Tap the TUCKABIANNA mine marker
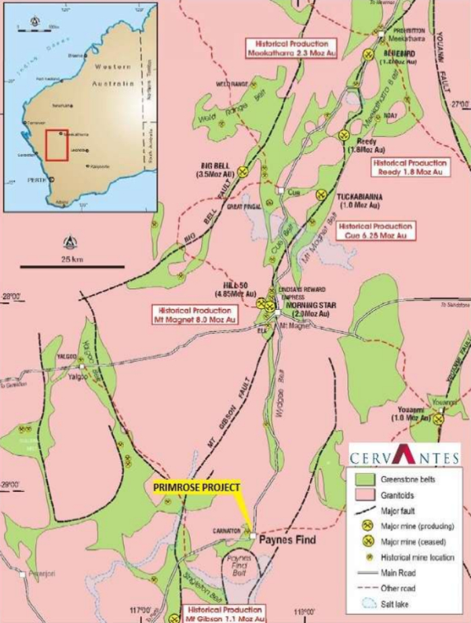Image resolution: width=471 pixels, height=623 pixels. click(322, 195)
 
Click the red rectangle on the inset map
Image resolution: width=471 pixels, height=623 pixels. click(57, 144)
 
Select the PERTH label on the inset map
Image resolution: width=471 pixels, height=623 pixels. click(36, 181)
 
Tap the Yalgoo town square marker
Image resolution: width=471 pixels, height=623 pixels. click(83, 367)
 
